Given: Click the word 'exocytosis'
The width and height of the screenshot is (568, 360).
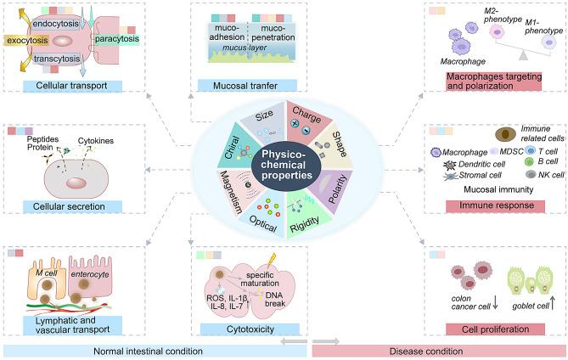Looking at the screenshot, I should (x=28, y=40).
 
